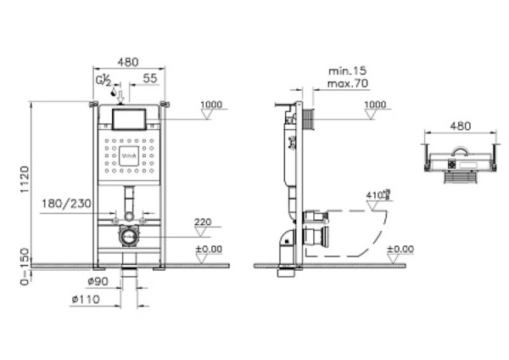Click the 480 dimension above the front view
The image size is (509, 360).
click(127, 61)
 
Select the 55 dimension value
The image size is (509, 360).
click(150, 77)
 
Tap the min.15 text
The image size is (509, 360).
click(345, 72)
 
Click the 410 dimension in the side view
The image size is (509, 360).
click(375, 194)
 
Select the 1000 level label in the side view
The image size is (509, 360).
click(374, 104)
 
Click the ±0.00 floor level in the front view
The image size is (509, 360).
click(210, 249)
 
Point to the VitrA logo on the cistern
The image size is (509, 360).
click(130, 155)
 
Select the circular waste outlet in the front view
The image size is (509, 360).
click(129, 237)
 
